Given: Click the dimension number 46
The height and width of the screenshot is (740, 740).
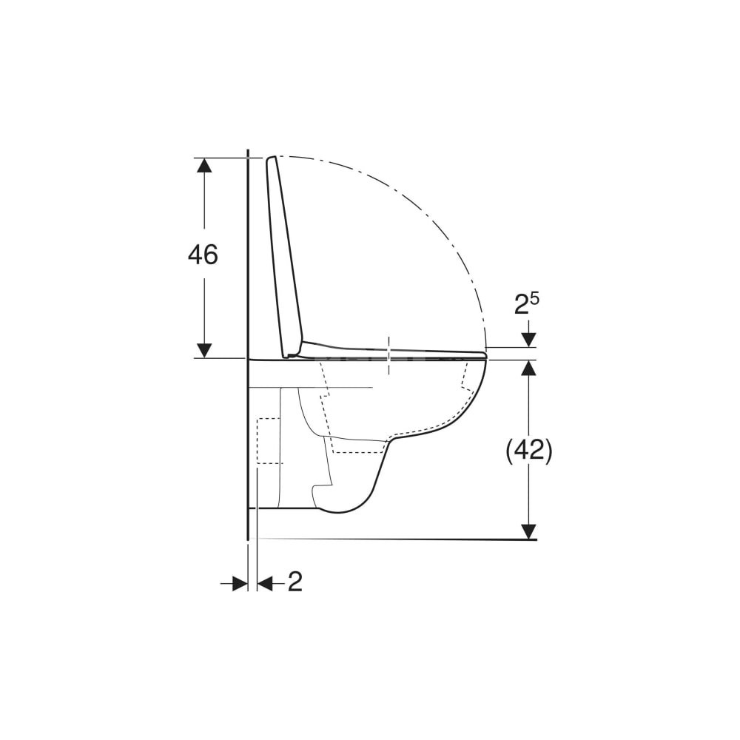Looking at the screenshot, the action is (203, 255).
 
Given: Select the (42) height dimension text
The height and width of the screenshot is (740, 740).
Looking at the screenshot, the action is (528, 451).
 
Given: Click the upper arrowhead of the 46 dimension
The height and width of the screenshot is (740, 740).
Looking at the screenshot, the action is (204, 165).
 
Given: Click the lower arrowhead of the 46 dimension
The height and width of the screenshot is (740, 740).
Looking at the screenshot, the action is (204, 351).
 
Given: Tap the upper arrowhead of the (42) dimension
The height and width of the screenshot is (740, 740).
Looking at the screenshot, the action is (529, 368).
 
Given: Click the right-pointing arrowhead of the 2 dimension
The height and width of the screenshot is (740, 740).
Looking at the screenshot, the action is (240, 584).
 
